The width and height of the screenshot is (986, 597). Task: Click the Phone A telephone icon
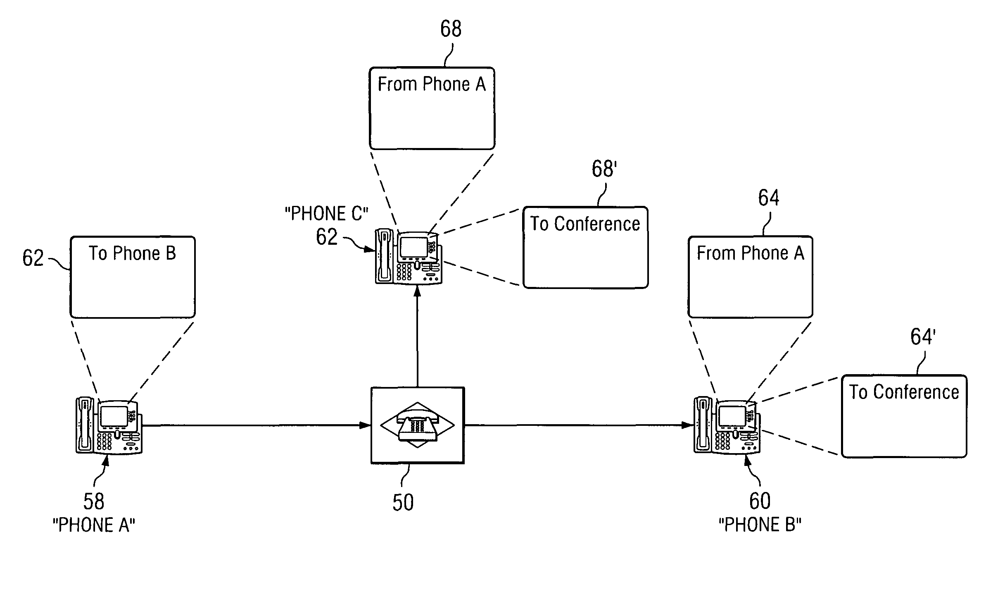[109, 426]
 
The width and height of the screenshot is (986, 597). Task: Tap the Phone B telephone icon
[727, 426]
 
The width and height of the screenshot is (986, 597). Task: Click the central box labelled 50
[418, 425]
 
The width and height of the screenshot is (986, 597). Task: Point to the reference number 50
[403, 503]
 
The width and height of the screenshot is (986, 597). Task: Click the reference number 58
[94, 501]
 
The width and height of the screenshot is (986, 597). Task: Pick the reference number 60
[760, 501]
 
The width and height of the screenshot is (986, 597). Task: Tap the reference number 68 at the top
[451, 29]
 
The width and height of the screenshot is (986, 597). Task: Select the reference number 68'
[604, 169]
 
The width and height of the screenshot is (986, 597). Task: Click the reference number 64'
[922, 337]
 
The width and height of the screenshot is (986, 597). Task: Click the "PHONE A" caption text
[94, 525]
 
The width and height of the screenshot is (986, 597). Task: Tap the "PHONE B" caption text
[760, 525]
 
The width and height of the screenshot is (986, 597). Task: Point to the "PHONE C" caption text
[326, 214]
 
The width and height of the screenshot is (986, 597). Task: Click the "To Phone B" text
[133, 253]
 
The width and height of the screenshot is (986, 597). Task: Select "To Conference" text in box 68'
[585, 224]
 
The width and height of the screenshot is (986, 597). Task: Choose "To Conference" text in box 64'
[904, 392]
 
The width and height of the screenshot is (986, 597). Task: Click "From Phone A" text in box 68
[432, 84]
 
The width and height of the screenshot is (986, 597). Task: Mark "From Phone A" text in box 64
[751, 253]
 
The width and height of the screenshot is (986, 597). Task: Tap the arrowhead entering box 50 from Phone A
[365, 425]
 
